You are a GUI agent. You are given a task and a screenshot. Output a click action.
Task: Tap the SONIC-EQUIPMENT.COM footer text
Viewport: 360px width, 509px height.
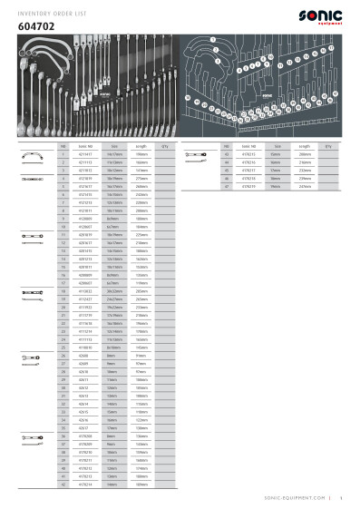[300, 497]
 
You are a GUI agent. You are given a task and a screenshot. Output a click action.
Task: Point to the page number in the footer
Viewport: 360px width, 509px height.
[339, 497]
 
